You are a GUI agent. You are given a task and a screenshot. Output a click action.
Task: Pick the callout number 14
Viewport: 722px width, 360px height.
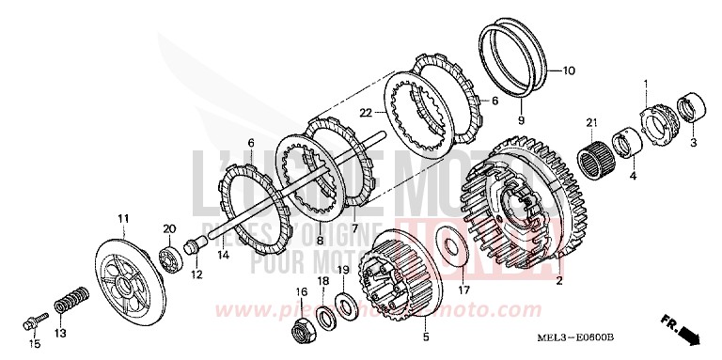coord(223,255)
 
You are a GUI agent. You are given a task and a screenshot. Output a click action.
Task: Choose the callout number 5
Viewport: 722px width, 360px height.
coord(425,335)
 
